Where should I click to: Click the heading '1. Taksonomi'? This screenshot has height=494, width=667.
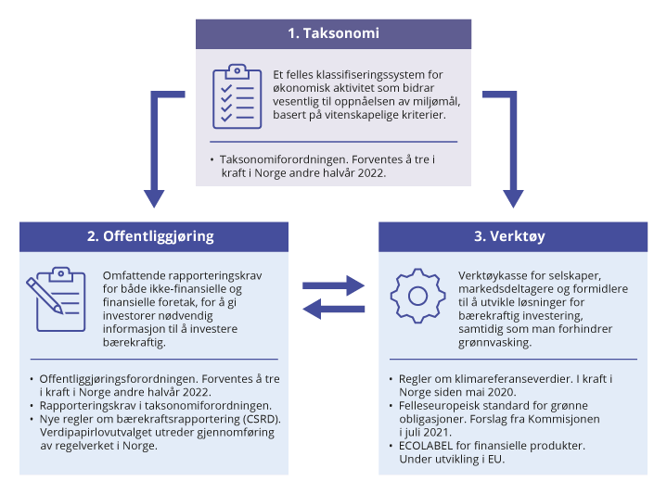(333, 33)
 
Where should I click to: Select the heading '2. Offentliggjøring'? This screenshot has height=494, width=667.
(150, 235)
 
